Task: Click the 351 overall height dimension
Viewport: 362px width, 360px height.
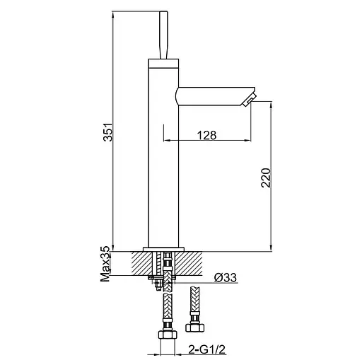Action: [x=108, y=132]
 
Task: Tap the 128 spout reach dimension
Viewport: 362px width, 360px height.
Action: [x=206, y=135]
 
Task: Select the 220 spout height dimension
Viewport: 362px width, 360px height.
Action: [x=266, y=178]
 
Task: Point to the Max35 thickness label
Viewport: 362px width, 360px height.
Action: [x=105, y=264]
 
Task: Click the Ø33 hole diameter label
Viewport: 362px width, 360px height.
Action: [x=225, y=277]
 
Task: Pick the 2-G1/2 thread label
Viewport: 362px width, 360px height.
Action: [x=206, y=349]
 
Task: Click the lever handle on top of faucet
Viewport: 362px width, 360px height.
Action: [x=163, y=35]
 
